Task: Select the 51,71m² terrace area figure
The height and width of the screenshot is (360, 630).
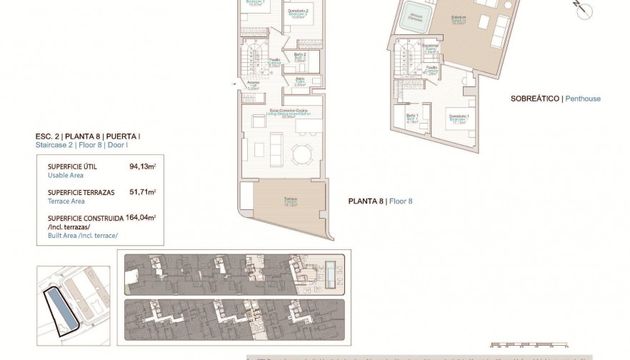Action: pyautogui.click(x=143, y=192)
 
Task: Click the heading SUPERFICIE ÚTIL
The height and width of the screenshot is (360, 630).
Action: pyautogui.click(x=72, y=166)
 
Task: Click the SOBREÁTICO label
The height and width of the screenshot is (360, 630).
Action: pyautogui.click(x=536, y=99)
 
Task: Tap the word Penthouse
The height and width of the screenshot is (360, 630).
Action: pyautogui.click(x=583, y=99)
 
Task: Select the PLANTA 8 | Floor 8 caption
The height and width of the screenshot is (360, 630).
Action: pyautogui.click(x=380, y=201)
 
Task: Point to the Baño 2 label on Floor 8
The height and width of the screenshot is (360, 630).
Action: pyautogui.click(x=300, y=55)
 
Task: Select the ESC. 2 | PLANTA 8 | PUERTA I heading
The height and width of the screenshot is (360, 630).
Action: pyautogui.click(x=88, y=136)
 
